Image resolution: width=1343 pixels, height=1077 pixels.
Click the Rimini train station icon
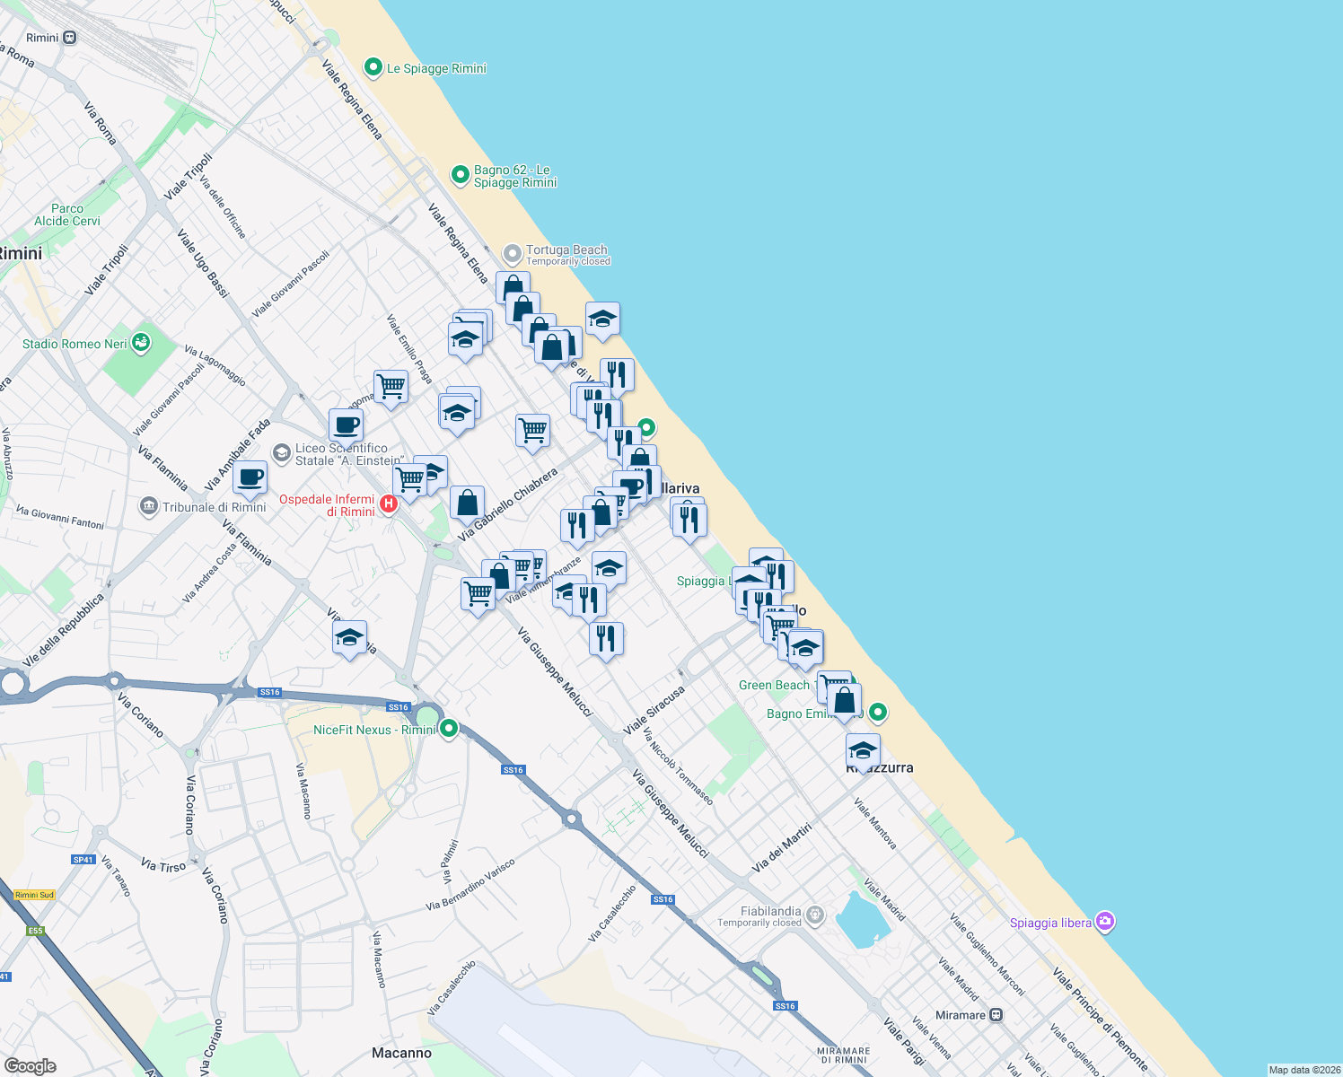tap(70, 38)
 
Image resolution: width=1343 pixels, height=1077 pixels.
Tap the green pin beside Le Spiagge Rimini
tap(373, 67)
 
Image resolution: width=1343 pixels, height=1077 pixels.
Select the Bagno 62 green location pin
tap(461, 175)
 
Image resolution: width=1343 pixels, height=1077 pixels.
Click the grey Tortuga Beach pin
tap(512, 254)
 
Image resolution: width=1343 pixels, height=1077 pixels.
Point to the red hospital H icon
tap(389, 503)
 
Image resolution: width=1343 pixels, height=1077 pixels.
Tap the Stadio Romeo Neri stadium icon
tap(140, 342)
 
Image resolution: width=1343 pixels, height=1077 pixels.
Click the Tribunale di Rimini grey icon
tap(149, 506)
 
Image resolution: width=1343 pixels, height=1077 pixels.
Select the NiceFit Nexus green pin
tap(449, 729)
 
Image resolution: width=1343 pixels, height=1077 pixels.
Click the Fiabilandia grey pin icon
tap(814, 915)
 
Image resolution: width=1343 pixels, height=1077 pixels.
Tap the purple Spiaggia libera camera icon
tap(1105, 922)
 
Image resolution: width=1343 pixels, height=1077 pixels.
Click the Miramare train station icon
tap(996, 1015)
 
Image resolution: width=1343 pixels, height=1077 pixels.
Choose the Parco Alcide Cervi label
tap(67, 215)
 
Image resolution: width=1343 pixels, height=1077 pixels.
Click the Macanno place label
tap(401, 1053)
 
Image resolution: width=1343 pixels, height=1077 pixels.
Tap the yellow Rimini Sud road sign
tap(34, 895)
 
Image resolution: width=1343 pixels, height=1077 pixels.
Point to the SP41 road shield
tap(83, 860)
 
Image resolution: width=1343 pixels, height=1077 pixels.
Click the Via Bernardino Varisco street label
tap(470, 885)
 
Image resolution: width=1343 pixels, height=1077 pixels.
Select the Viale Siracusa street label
tap(654, 709)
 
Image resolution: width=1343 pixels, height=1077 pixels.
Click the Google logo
tap(30, 1065)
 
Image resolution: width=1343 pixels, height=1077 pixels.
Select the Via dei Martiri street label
tap(781, 847)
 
